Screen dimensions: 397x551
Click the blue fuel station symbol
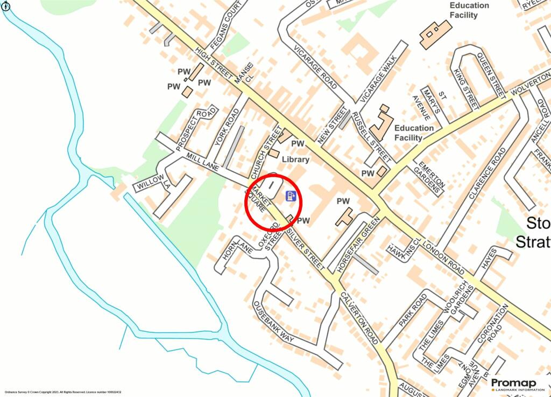[291, 196]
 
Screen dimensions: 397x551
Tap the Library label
[295, 159]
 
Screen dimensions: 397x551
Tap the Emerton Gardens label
[429, 176]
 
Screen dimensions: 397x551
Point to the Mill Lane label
[202, 162]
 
